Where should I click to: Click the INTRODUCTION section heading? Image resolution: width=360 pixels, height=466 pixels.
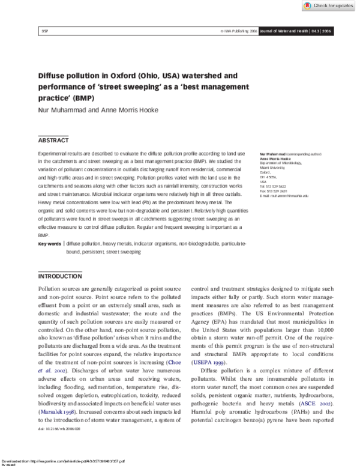(x=60, y=277)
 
